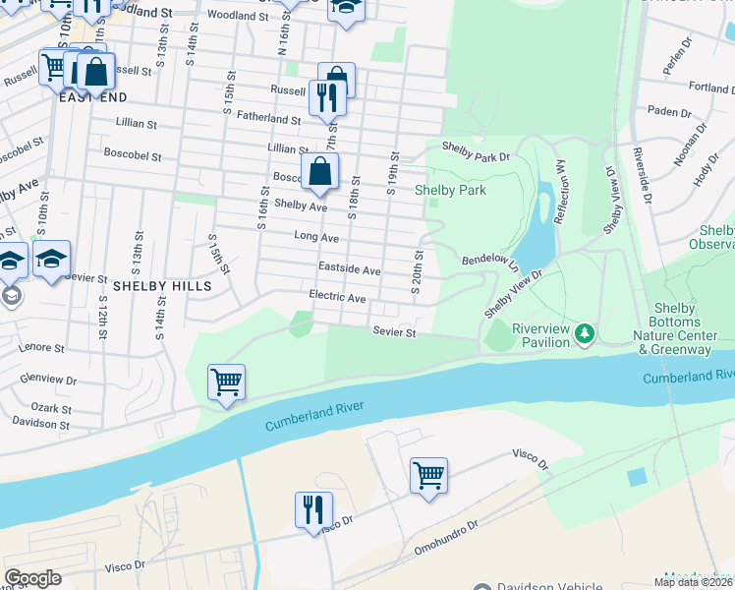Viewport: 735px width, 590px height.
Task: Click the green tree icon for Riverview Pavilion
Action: click(586, 335)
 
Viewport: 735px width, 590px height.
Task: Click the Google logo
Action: click(32, 578)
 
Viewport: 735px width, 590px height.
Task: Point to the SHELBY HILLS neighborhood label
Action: click(162, 286)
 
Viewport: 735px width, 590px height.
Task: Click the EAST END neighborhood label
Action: click(95, 98)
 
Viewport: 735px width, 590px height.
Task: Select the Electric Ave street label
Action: click(337, 297)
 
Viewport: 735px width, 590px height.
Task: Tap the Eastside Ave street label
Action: click(349, 268)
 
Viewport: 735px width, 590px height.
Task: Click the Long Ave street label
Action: click(316, 237)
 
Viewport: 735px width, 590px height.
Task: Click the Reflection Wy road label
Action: click(560, 193)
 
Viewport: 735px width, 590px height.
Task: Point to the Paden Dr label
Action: click(669, 112)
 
